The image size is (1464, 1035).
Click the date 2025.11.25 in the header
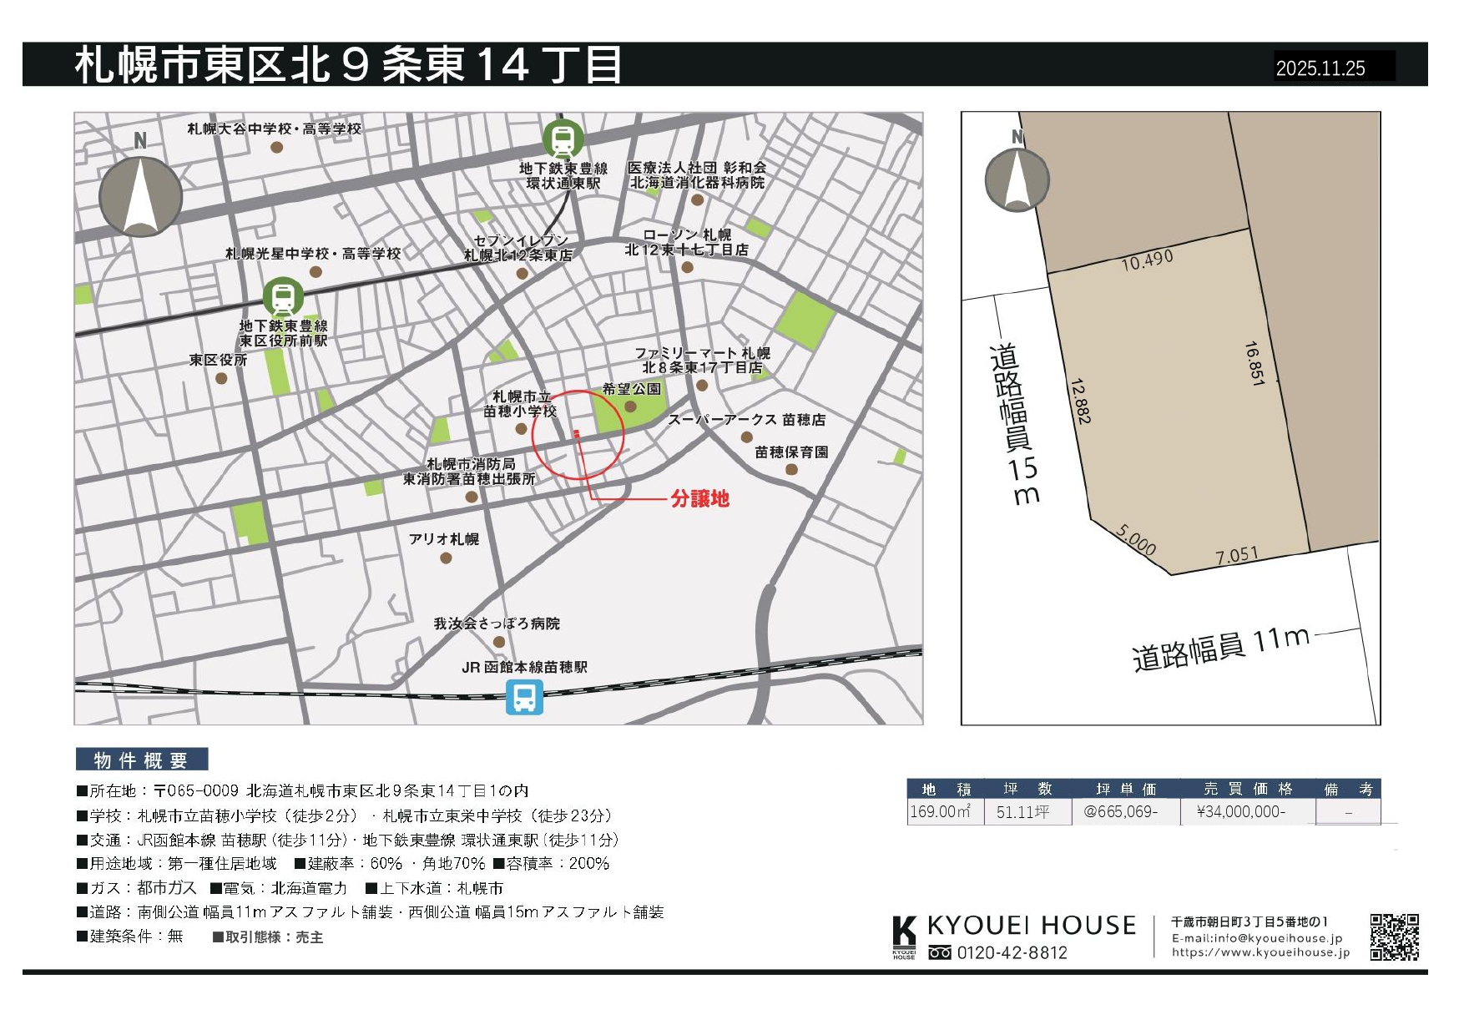pyautogui.click(x=1320, y=68)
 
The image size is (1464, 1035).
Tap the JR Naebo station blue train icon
pyautogui.click(x=524, y=697)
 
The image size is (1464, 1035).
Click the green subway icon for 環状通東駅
pyautogui.click(x=563, y=139)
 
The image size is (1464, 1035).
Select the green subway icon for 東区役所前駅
pyautogui.click(x=283, y=297)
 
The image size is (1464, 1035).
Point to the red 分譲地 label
pyautogui.click(x=699, y=499)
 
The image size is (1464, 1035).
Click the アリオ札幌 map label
pyautogui.click(x=444, y=539)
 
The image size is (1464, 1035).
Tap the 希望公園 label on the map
pyautogui.click(x=631, y=389)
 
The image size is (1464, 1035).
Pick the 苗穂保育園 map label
pyautogui.click(x=791, y=452)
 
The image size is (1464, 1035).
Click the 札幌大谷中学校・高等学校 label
pyautogui.click(x=274, y=129)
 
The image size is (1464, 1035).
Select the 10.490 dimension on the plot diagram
pyautogui.click(x=1147, y=260)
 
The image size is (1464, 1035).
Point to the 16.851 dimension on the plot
pyautogui.click(x=1254, y=363)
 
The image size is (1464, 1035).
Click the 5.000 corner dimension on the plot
pyautogui.click(x=1136, y=540)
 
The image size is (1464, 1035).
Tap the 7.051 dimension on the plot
pyautogui.click(x=1236, y=555)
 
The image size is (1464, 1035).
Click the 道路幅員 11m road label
pyautogui.click(x=1219, y=649)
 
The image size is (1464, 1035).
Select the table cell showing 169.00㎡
pyautogui.click(x=940, y=812)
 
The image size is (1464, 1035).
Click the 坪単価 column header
pyautogui.click(x=1126, y=790)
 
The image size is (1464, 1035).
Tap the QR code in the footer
pyautogui.click(x=1394, y=937)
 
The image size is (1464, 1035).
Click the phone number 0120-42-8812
pyautogui.click(x=1012, y=953)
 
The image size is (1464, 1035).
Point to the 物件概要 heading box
pyautogui.click(x=141, y=760)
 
